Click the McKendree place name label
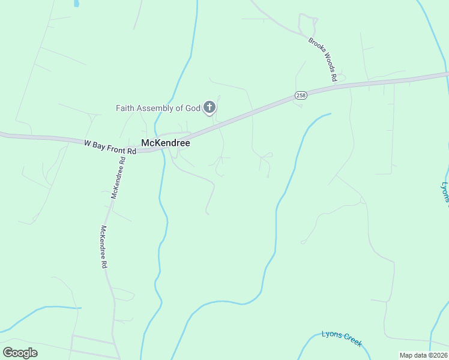click(165, 143)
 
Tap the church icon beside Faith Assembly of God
click(209, 108)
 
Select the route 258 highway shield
click(301, 95)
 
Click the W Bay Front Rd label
click(110, 148)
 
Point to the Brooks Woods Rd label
click(323, 59)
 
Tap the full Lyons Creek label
click(342, 338)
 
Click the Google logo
click(20, 353)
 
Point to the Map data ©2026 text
click(423, 355)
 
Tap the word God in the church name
click(193, 109)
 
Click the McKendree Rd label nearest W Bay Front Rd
click(118, 177)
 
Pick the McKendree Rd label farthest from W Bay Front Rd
click(103, 246)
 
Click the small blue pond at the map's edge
click(76, 3)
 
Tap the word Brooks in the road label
click(314, 45)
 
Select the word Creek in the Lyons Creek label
click(351, 341)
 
